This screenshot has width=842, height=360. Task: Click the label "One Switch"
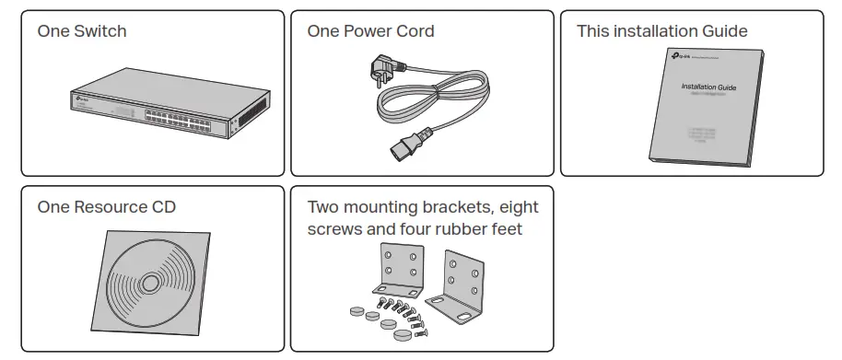(x=82, y=31)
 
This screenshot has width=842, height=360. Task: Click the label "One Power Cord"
(x=370, y=31)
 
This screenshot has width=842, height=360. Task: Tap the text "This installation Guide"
(x=661, y=31)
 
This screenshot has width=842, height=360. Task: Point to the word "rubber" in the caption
(x=455, y=228)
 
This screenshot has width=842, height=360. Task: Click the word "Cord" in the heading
(x=415, y=31)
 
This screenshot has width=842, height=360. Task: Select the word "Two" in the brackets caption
(x=324, y=207)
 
